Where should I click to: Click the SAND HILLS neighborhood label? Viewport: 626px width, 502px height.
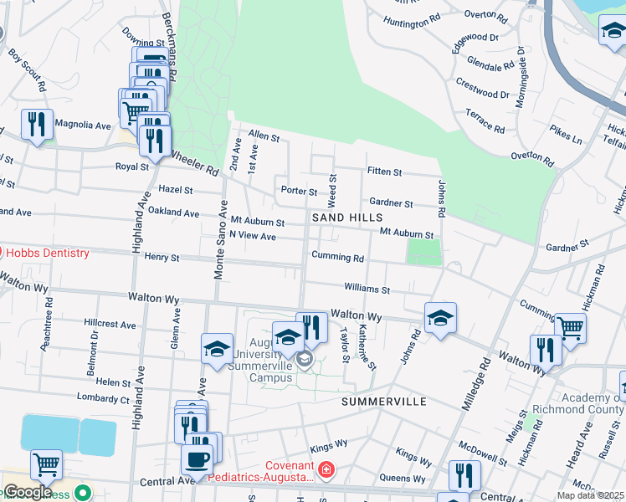pyautogui.click(x=347, y=218)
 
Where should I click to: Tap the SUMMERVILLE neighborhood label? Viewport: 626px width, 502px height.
pyautogui.click(x=384, y=402)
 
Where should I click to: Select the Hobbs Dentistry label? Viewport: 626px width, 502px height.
pyautogui.click(x=48, y=253)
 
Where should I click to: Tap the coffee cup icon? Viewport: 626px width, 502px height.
pyautogui.click(x=198, y=458)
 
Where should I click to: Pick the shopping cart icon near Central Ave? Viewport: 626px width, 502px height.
pyautogui.click(x=46, y=464)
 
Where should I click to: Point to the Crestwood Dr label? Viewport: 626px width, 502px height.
pyautogui.click(x=483, y=88)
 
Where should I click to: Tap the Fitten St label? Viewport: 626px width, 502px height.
pyautogui.click(x=384, y=172)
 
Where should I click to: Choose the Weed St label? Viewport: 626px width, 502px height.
pyautogui.click(x=332, y=191)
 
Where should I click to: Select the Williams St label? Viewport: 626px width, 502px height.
pyautogui.click(x=367, y=289)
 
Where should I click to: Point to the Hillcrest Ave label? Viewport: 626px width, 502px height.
pyautogui.click(x=110, y=324)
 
